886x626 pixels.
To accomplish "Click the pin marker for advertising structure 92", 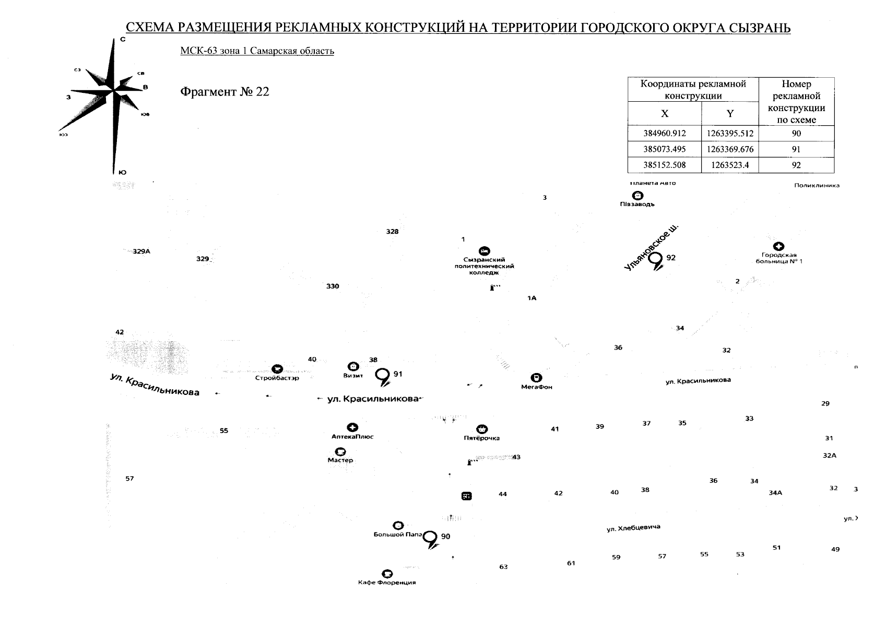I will click(x=655, y=259).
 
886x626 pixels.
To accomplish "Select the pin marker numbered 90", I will click(x=431, y=538).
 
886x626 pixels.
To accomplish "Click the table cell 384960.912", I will click(x=664, y=134).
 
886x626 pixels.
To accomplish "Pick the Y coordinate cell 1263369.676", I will click(x=730, y=150).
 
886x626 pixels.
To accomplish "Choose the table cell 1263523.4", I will click(x=730, y=165).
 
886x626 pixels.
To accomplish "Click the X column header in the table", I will click(x=664, y=114).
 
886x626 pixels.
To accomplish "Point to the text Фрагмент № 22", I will click(x=225, y=92).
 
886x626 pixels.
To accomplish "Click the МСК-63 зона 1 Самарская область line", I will click(x=257, y=51).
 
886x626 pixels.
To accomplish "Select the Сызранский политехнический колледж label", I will click(x=484, y=266).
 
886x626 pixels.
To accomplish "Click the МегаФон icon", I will click(x=536, y=378).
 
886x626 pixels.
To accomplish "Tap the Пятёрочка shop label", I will click(x=481, y=438).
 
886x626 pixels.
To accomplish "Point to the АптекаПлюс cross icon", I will click(x=353, y=428).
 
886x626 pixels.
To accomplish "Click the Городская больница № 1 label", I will click(x=778, y=258).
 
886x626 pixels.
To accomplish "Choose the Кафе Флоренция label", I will click(x=387, y=582).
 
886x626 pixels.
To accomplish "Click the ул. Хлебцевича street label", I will click(x=633, y=528).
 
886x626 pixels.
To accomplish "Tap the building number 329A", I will click(x=141, y=251).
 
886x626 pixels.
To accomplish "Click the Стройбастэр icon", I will click(x=277, y=368).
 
